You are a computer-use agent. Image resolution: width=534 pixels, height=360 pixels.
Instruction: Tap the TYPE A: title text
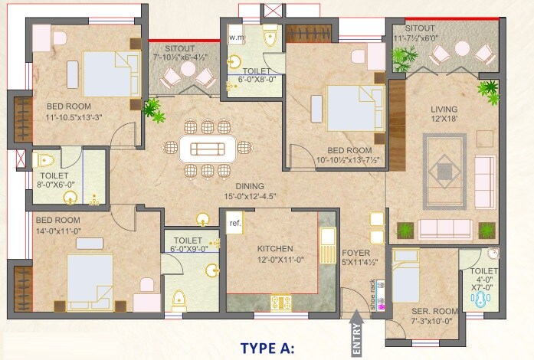[267, 348]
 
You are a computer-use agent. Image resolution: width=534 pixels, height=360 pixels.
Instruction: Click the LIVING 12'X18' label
[444, 114]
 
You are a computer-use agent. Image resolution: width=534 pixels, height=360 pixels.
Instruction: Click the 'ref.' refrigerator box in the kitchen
[235, 223]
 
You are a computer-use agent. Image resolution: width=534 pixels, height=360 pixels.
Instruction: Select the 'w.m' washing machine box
[237, 37]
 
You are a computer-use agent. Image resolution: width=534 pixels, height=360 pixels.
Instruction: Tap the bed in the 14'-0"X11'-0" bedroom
[90, 275]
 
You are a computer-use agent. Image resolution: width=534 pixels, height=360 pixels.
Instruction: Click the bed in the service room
[406, 275]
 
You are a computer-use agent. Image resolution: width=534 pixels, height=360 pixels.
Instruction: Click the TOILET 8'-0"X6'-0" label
[57, 179]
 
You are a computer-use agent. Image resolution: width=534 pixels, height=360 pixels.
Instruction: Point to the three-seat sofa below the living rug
[445, 228]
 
